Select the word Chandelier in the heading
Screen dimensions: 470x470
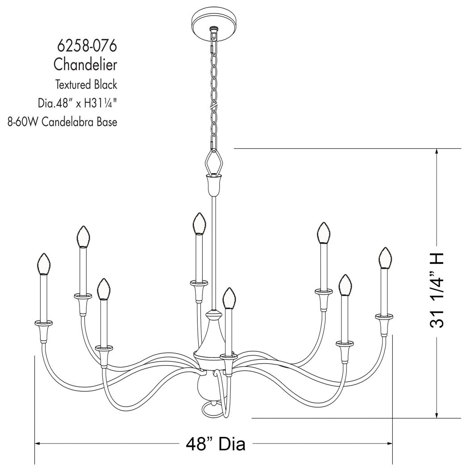coord(85,64)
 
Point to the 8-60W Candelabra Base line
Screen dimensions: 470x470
coord(62,122)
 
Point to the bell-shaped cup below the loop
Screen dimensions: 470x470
coord(214,184)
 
